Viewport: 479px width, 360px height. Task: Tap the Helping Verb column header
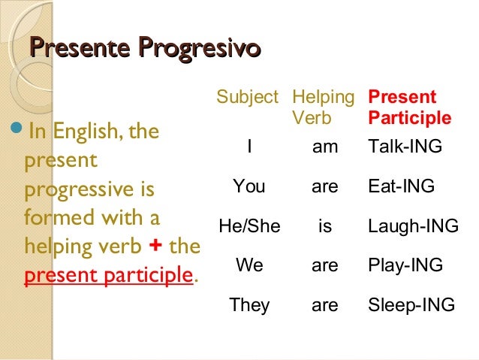point(323,107)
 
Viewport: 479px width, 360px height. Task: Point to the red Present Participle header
point(410,107)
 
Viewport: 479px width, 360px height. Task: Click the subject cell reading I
point(249,148)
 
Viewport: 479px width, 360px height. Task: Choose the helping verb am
point(325,148)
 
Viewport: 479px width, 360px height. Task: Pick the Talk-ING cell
point(405,148)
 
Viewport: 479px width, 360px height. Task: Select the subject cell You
point(249,186)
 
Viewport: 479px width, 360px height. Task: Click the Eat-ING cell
point(402,186)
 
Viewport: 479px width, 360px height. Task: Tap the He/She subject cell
point(249,225)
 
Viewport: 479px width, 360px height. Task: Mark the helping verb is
point(325,225)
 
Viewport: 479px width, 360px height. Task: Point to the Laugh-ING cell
point(413,225)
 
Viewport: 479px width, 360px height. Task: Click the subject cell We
point(249,265)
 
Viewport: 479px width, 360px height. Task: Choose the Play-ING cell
point(405,265)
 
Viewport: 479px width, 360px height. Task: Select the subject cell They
point(249,305)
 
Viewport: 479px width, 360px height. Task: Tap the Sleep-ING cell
point(411,305)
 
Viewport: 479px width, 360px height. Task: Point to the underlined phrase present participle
point(108,276)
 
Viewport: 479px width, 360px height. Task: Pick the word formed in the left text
point(52,219)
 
